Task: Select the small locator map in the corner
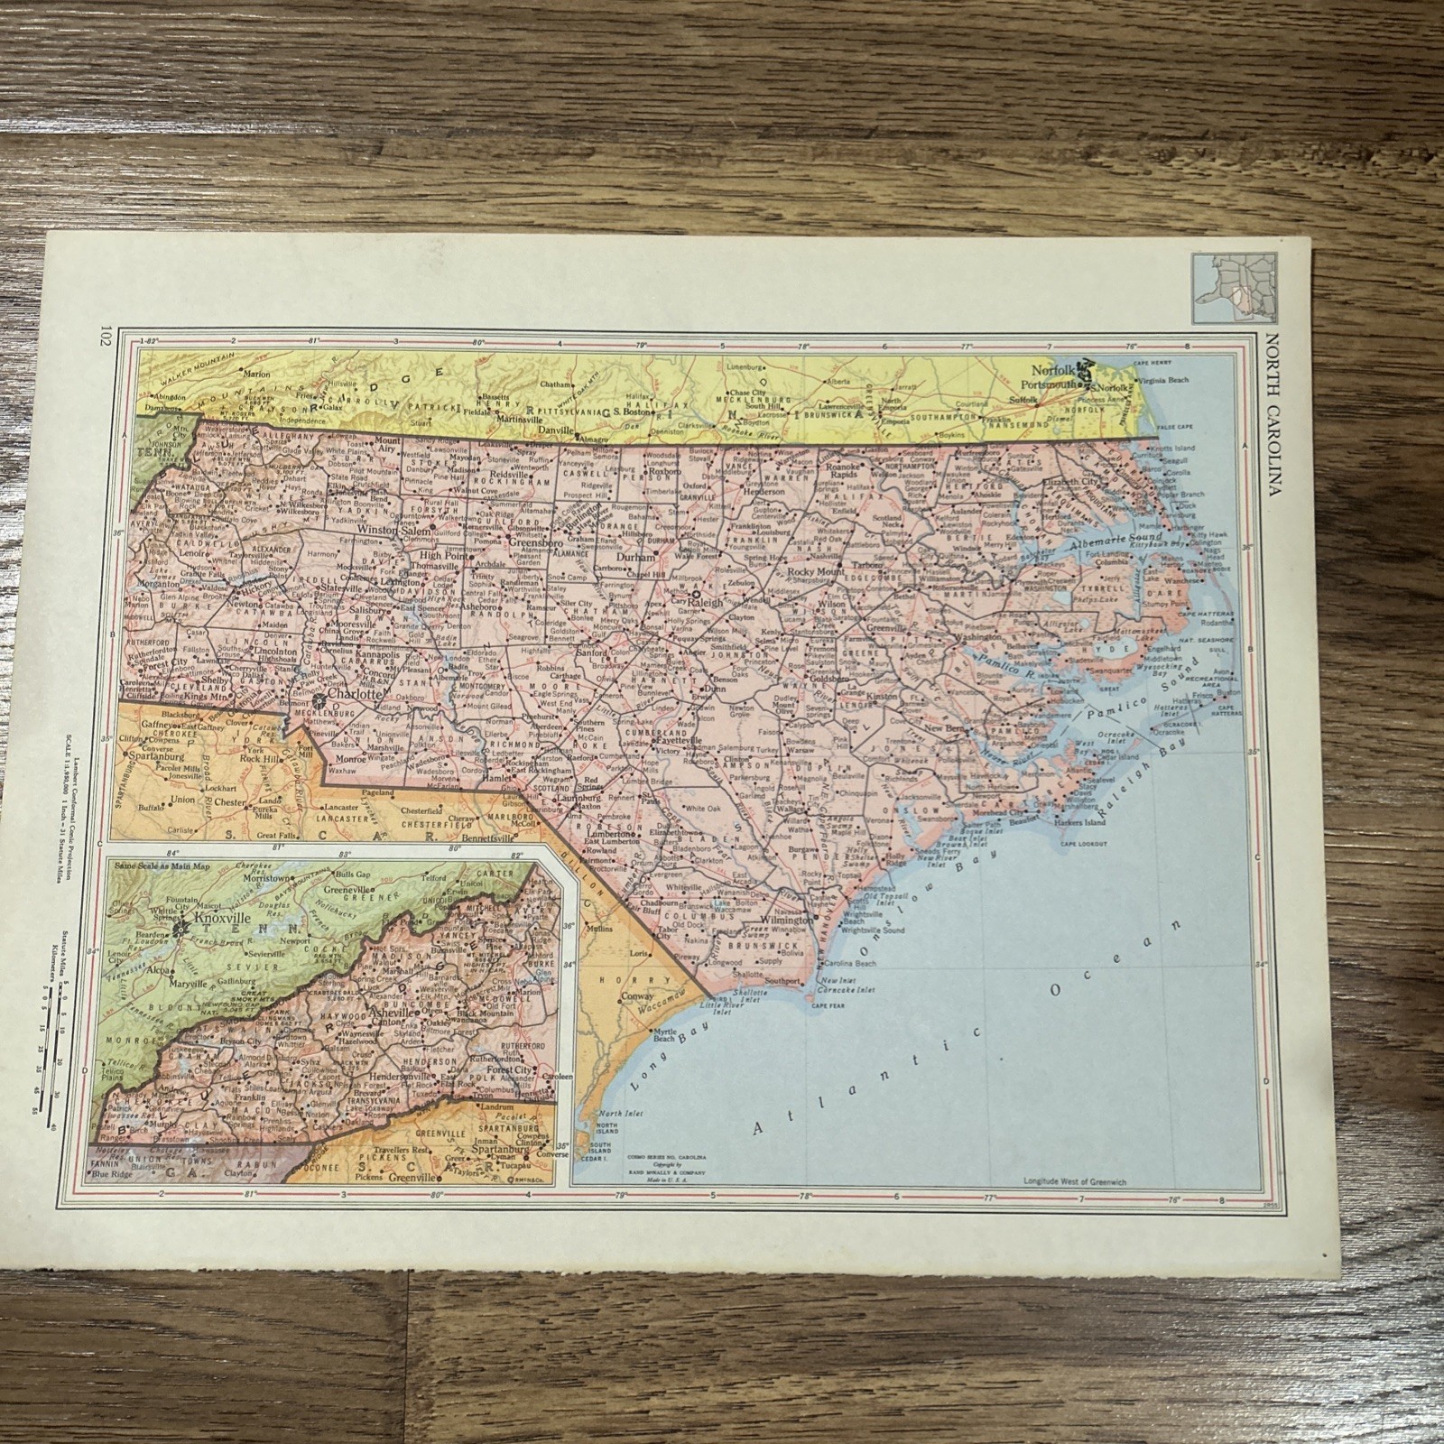[1224, 289]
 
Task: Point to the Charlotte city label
[353, 696]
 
